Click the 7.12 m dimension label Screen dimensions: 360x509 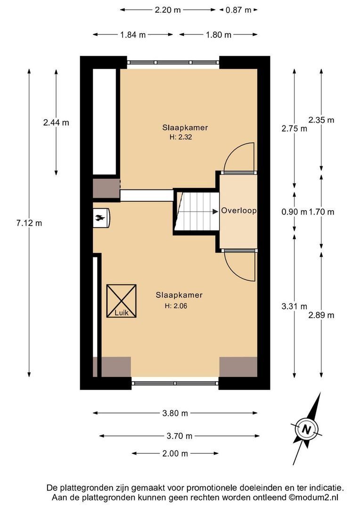(29, 223)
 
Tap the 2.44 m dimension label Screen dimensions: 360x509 (56, 123)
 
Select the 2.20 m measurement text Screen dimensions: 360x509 (167, 10)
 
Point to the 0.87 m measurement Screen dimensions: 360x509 (238, 10)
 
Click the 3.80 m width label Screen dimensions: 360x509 (175, 413)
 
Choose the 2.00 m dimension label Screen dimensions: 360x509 (175, 453)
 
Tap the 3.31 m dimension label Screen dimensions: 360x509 (295, 306)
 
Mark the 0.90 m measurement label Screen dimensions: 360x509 (294, 212)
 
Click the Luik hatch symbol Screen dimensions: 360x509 (122, 301)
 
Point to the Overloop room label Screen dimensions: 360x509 (238, 210)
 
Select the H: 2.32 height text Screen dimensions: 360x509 (181, 137)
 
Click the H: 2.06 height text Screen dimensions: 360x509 (176, 306)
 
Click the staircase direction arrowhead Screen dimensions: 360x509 (215, 212)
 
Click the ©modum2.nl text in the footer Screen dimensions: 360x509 (314, 498)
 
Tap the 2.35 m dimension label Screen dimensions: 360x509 (321, 120)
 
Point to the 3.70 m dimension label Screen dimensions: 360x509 (180, 436)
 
